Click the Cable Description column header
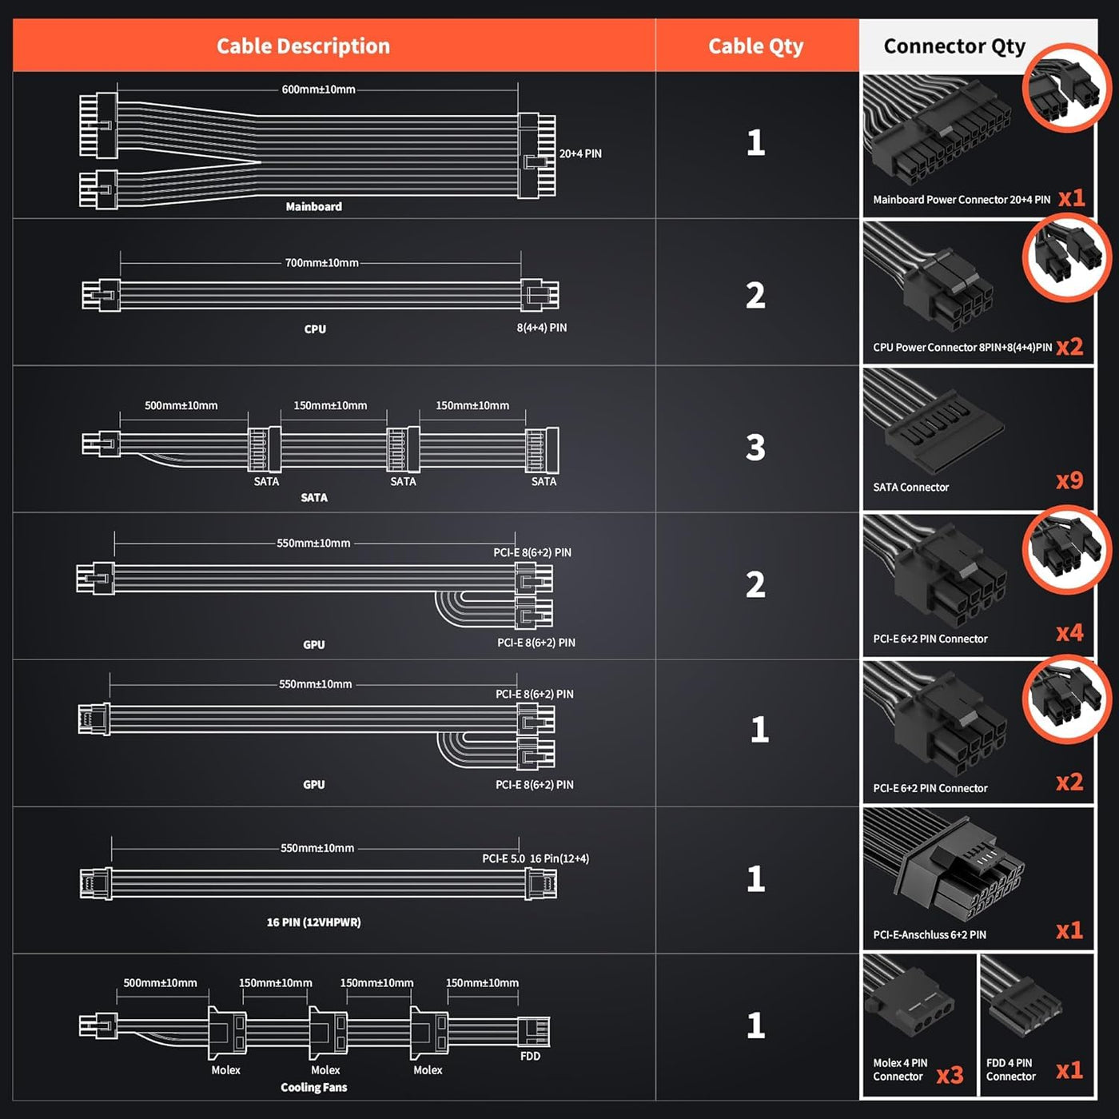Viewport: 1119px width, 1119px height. [x=303, y=46]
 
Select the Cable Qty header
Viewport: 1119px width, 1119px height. [x=755, y=46]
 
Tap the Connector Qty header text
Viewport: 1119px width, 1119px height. [x=954, y=46]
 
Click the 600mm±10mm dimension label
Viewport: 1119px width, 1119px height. [x=318, y=90]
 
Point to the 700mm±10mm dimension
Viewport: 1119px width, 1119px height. [x=321, y=263]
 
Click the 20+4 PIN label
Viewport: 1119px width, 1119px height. [x=580, y=153]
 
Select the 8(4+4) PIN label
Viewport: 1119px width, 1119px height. [x=541, y=328]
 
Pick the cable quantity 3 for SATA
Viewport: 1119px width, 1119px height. [x=755, y=448]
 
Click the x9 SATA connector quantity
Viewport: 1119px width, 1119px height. [x=1069, y=480]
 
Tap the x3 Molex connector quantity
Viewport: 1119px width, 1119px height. [x=950, y=1075]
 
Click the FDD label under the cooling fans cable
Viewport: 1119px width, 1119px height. [x=530, y=1056]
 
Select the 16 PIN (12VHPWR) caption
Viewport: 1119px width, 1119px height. [x=313, y=922]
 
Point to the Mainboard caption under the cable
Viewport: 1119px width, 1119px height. [x=313, y=207]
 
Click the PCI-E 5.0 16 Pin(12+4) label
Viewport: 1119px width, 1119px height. [x=535, y=858]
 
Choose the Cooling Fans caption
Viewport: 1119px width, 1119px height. [x=313, y=1087]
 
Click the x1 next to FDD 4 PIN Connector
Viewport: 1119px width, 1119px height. [x=1069, y=1070]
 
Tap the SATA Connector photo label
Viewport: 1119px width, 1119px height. [x=910, y=487]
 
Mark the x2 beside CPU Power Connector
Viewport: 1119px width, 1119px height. [x=1069, y=347]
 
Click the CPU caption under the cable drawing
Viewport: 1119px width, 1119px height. [x=315, y=329]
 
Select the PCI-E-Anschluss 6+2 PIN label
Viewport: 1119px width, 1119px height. [x=929, y=934]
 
